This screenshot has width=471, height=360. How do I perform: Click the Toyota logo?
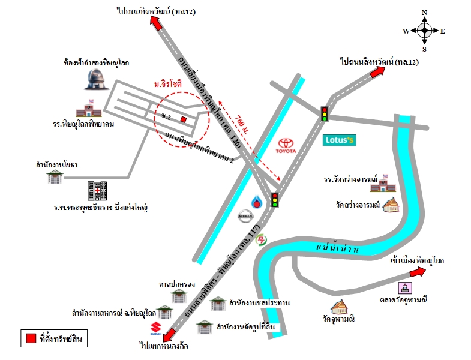(x=286, y=146)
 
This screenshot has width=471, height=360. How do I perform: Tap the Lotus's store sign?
(x=340, y=140)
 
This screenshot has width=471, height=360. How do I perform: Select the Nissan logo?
(x=245, y=216)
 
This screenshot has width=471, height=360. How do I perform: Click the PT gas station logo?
(x=261, y=240)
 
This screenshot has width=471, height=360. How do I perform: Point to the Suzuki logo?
(x=156, y=328)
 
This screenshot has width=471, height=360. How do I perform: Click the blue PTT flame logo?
(x=257, y=202)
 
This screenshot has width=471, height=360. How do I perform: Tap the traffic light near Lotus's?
(x=324, y=114)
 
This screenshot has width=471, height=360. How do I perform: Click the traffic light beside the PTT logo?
(x=275, y=200)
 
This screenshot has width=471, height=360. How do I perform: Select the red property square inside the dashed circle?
(x=183, y=119)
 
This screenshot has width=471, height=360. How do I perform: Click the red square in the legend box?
(x=31, y=338)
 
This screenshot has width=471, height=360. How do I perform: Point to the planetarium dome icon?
(x=97, y=79)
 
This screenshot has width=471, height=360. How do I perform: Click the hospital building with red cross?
(x=97, y=191)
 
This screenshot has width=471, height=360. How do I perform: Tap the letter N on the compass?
(x=424, y=13)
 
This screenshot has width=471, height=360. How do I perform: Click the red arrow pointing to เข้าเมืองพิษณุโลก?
(x=418, y=272)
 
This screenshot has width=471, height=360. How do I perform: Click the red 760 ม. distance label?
(x=242, y=124)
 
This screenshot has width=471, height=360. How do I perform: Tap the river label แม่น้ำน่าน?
(x=337, y=248)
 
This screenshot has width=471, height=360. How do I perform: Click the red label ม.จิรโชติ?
(x=168, y=84)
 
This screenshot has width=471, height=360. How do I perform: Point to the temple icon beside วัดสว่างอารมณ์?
(x=391, y=205)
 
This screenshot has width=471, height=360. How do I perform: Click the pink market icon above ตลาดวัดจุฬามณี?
(x=405, y=288)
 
